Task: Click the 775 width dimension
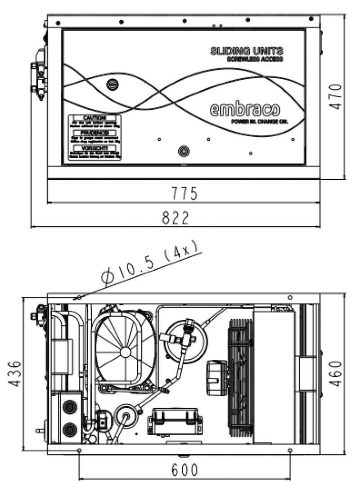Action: [184, 194]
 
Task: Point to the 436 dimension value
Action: [15, 373]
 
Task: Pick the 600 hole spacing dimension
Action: [184, 470]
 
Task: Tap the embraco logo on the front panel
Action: [244, 110]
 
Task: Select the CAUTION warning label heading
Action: [94, 118]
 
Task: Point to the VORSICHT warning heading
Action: [94, 148]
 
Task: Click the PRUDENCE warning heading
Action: [94, 133]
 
